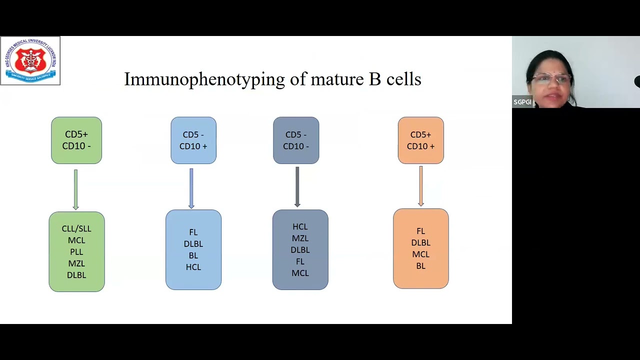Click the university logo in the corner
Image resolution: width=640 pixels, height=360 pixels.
click(x=30, y=60)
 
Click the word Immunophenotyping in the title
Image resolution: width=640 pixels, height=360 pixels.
click(x=204, y=79)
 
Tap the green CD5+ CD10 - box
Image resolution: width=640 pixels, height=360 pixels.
click(x=76, y=140)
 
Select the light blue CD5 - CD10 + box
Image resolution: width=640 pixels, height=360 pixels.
click(x=193, y=140)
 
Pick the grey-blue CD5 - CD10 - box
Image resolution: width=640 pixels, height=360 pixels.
click(x=296, y=140)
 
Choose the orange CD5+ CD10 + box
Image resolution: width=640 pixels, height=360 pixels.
click(x=421, y=140)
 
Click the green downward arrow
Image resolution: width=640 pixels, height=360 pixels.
click(x=75, y=189)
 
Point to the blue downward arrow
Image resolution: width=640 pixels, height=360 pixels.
click(x=191, y=188)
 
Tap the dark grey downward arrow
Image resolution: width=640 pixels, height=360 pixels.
click(x=297, y=187)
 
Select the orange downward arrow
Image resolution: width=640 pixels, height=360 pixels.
click(x=421, y=186)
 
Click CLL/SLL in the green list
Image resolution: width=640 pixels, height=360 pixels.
click(x=76, y=229)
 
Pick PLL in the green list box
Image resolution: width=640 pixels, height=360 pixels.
click(x=76, y=252)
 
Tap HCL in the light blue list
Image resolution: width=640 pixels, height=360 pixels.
click(x=193, y=267)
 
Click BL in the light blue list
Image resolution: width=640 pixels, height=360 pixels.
click(x=193, y=255)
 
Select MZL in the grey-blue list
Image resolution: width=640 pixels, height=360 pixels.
click(x=300, y=238)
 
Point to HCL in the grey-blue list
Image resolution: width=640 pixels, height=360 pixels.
click(x=300, y=227)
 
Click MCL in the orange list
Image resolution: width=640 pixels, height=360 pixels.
click(x=421, y=254)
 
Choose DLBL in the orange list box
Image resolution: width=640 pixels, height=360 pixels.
click(x=421, y=243)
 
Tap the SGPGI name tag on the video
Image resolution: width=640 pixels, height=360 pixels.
click(x=522, y=102)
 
